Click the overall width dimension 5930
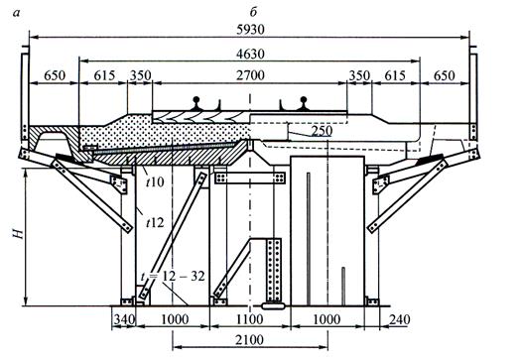coord(250,30)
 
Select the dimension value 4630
coord(250,54)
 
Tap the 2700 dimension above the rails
coord(250,75)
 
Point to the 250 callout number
coord(322,131)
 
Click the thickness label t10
coord(155,181)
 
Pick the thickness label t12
coord(155,222)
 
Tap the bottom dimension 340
coord(125,319)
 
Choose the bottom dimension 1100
coord(250,319)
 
